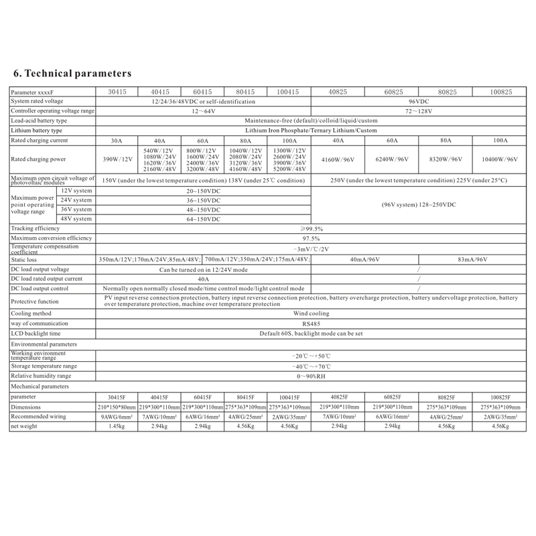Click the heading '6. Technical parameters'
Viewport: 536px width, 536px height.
[72, 72]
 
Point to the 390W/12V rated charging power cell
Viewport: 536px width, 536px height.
[117, 160]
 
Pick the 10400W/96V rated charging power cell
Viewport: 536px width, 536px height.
[499, 160]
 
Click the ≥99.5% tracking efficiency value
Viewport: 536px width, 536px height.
[310, 228]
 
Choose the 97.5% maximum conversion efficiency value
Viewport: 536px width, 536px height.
[310, 239]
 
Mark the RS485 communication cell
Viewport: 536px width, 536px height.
[310, 323]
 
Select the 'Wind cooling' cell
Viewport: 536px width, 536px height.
[310, 313]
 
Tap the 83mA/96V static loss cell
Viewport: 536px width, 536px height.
[472, 259]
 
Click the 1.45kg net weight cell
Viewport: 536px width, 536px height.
[117, 426]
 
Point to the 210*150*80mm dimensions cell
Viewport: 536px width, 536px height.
[117, 407]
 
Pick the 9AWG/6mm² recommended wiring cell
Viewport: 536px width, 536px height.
[117, 417]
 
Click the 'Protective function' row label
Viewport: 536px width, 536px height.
[35, 301]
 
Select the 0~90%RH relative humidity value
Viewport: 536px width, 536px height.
[310, 376]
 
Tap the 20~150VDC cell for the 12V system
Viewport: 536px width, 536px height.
[204, 191]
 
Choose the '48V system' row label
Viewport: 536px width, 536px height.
[76, 218]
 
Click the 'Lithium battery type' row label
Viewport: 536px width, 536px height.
[37, 130]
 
